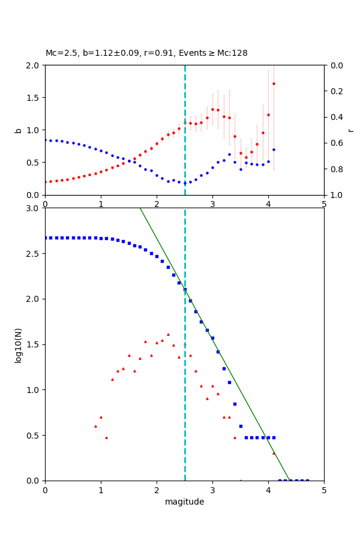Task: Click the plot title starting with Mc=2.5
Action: [x=146, y=53]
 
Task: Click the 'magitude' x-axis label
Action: [x=184, y=502]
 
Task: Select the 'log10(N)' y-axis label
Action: [x=18, y=344]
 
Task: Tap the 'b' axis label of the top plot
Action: [x=18, y=130]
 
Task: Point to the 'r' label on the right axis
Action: [x=350, y=130]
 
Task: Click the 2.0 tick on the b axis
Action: [x=34, y=65]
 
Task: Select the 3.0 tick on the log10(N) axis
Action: [x=34, y=208]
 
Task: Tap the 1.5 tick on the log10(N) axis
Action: [x=34, y=344]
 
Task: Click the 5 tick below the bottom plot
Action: [x=324, y=490]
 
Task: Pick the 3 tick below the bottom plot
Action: [x=212, y=490]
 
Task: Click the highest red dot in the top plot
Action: [x=274, y=83]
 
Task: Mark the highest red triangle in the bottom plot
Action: [x=168, y=334]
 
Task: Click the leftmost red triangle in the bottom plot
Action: [x=95, y=426]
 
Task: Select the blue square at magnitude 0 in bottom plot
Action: [x=46, y=238]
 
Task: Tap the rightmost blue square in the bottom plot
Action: [x=307, y=481]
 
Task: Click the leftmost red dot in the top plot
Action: [x=46, y=182]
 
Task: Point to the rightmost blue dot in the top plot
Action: [x=274, y=149]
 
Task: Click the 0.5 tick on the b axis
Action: [x=34, y=163]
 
